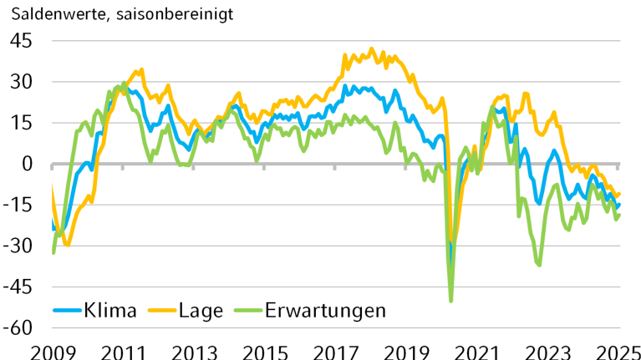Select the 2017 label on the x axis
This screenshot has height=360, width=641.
336,350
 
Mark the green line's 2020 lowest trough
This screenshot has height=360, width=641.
451,301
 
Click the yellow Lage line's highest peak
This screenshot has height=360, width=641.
372,48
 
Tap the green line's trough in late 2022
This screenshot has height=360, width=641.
539,265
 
